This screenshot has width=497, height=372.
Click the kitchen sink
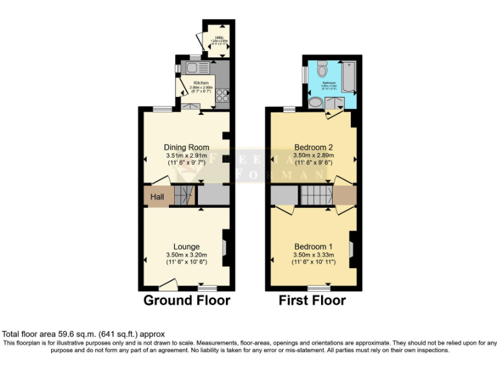point(194,67)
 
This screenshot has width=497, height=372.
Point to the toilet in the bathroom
point(322,67)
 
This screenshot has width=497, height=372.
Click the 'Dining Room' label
point(186,147)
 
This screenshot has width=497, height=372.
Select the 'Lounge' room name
point(186,246)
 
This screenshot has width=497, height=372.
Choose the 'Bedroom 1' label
point(313,247)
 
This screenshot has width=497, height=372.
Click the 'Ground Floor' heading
point(186,300)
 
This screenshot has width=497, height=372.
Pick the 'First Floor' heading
point(312,300)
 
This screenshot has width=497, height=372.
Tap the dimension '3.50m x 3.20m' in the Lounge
point(186,255)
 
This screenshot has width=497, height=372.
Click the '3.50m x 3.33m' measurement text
point(313,255)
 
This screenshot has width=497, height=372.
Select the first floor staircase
point(316,195)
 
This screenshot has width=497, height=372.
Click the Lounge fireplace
point(225,247)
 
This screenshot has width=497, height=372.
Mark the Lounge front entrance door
point(168,283)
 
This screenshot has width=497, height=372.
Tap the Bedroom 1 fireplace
point(351,248)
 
